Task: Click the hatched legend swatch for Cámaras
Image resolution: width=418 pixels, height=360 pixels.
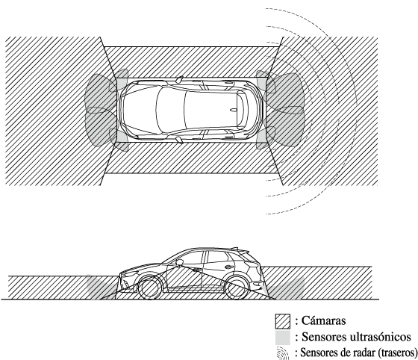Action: pos(283,321)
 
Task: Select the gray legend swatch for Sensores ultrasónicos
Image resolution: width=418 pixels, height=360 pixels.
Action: pos(283,338)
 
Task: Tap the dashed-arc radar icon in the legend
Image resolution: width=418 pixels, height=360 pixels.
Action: pos(283,353)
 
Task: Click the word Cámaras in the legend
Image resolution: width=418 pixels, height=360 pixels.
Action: pos(324,320)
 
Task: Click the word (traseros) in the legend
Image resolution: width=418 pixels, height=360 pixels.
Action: pos(397,353)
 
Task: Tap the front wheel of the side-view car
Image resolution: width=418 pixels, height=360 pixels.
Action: pos(150,288)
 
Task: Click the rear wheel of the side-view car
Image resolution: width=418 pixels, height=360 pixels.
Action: pos(236,288)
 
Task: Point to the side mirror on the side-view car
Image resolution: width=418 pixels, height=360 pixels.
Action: pos(179,262)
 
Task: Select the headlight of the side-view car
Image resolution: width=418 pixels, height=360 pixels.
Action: pos(130,274)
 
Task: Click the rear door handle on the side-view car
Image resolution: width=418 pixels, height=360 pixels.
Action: pos(228,267)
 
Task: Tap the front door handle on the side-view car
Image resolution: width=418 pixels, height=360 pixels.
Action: pos(197,270)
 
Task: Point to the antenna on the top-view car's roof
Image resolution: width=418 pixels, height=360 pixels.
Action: pos(234,110)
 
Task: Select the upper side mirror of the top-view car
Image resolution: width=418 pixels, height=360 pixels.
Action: pos(179,79)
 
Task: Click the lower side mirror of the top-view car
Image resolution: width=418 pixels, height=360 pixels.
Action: pos(179,140)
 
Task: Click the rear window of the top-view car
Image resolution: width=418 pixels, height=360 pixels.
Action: pos(241,110)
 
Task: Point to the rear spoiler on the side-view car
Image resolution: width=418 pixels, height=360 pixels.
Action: pos(240,249)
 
